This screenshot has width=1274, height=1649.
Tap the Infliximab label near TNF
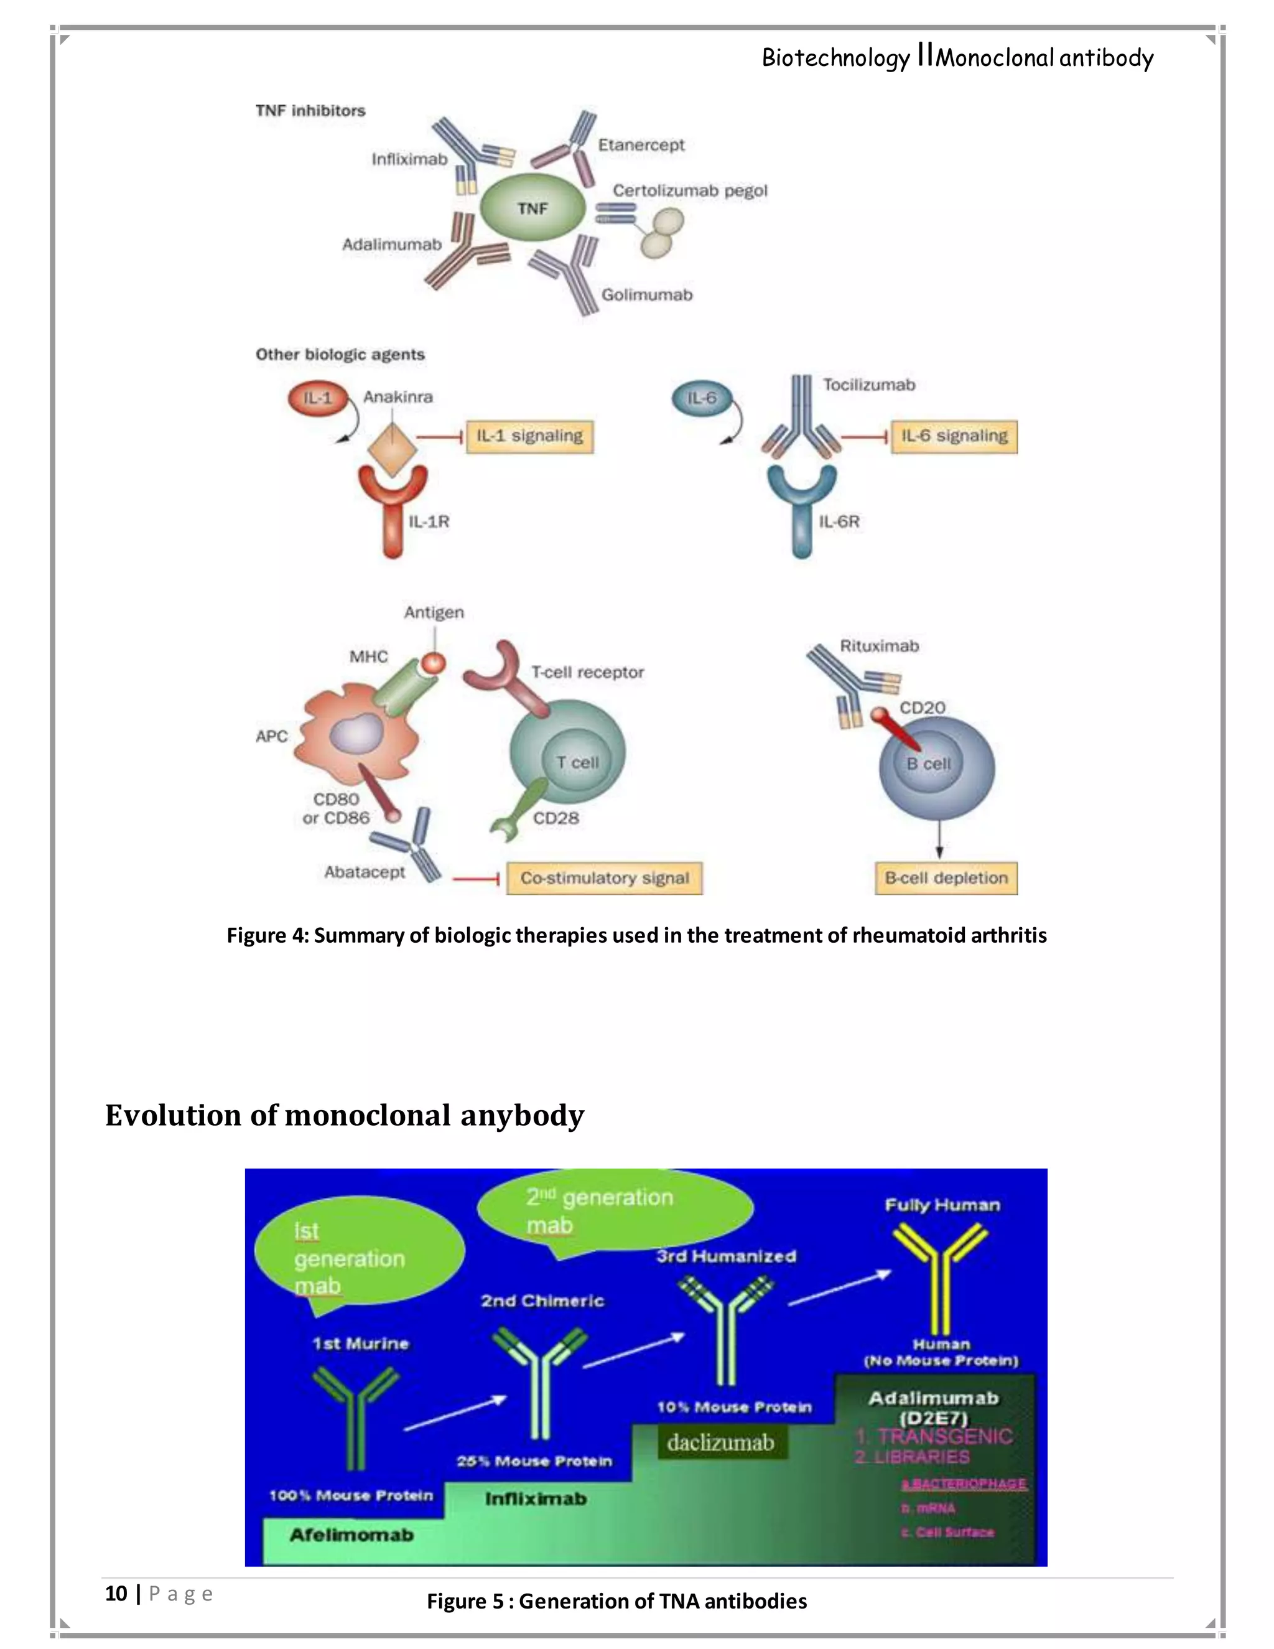click(x=409, y=159)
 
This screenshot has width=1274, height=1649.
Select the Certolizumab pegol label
click(x=689, y=190)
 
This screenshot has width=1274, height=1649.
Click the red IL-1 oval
click(x=318, y=398)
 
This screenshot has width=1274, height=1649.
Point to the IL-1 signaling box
click(x=529, y=436)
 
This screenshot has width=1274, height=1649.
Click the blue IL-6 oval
click(x=701, y=398)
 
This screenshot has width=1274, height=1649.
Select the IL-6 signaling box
click(x=954, y=436)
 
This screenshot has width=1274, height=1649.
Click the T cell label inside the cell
click(x=577, y=763)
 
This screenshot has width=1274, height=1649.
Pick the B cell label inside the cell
click(x=928, y=764)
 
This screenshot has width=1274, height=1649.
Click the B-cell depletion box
click(x=946, y=878)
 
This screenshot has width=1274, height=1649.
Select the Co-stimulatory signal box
click(x=604, y=878)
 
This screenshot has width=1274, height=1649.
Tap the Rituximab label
click(x=879, y=647)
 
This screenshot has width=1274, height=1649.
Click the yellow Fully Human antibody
click(x=941, y=1276)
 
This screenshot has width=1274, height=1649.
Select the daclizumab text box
click(x=720, y=1443)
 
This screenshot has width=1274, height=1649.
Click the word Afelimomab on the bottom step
click(x=351, y=1535)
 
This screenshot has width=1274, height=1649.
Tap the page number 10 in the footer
click(x=116, y=1593)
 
